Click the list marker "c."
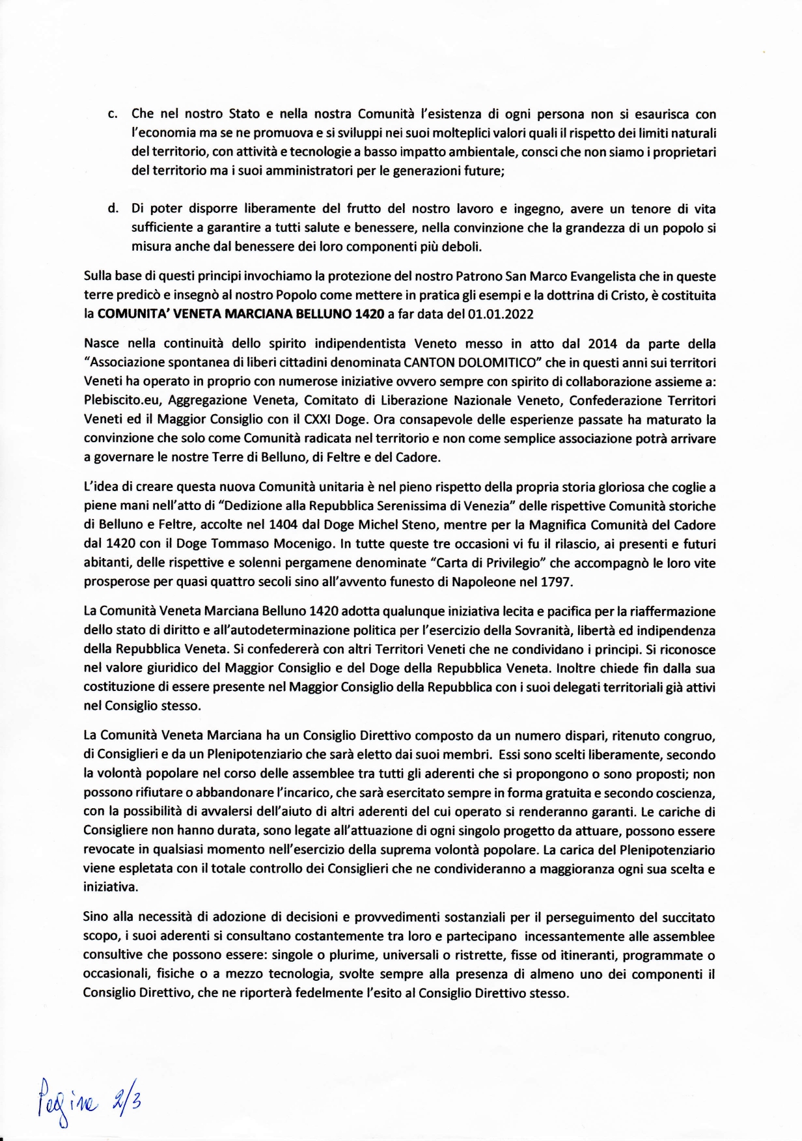click(x=111, y=115)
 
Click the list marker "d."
click(x=111, y=209)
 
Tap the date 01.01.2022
click(x=501, y=315)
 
